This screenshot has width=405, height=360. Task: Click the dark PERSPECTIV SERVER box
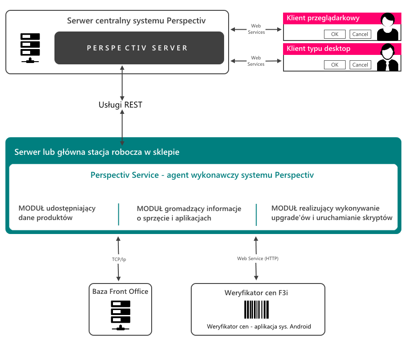click(x=139, y=48)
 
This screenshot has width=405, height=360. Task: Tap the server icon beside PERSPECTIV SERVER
click(x=30, y=48)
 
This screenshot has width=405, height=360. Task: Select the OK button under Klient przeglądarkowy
click(x=335, y=34)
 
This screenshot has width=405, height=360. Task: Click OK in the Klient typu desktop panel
click(x=335, y=64)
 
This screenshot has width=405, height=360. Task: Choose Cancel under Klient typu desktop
click(x=360, y=64)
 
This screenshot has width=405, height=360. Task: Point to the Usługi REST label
click(x=120, y=105)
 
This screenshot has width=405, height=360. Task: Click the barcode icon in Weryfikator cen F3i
click(x=256, y=310)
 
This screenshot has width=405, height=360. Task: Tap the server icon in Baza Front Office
click(x=121, y=315)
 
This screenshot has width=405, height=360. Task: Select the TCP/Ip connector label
click(x=119, y=259)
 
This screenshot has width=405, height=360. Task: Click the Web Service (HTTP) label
click(x=258, y=258)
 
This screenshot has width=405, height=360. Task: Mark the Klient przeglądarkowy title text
click(x=323, y=18)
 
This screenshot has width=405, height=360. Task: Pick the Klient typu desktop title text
click(x=319, y=49)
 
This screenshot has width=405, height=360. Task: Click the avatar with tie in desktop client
click(x=388, y=57)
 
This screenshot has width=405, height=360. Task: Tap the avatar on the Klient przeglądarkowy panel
click(x=388, y=27)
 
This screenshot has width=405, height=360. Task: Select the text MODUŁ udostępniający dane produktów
click(x=57, y=213)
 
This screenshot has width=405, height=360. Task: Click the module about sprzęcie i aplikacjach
click(x=189, y=213)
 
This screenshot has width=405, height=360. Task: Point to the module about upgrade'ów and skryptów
click(x=332, y=213)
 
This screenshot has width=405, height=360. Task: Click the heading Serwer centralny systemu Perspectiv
click(x=136, y=21)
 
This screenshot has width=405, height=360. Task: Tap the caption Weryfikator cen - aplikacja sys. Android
click(x=259, y=326)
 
